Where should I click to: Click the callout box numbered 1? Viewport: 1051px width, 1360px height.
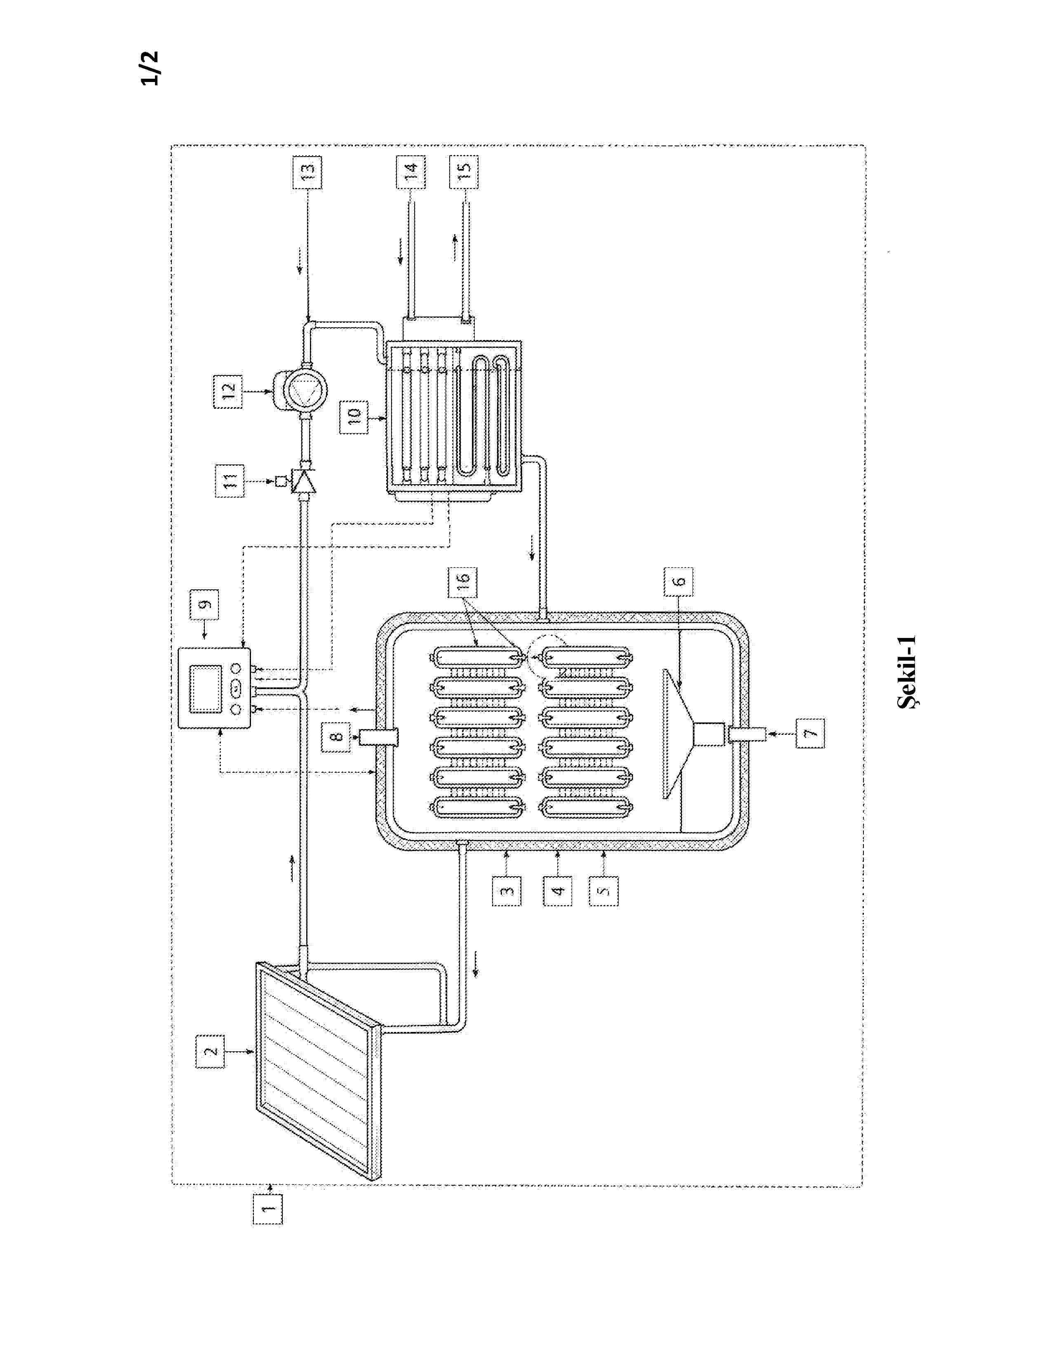267,1209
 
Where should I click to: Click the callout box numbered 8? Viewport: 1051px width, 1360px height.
337,737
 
